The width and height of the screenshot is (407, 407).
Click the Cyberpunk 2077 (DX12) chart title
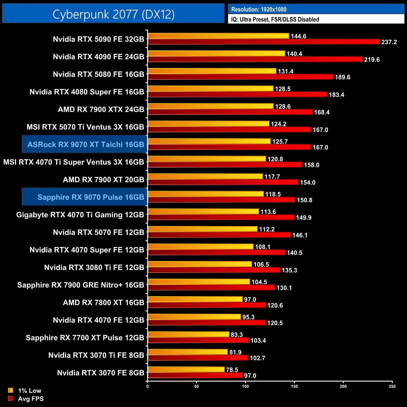(x=113, y=14)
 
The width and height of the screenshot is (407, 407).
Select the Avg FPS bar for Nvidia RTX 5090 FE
(x=264, y=42)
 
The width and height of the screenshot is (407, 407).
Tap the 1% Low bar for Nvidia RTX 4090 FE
(x=216, y=54)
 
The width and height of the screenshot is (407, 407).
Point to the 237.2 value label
(x=389, y=42)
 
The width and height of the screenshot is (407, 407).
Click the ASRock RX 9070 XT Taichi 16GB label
(x=85, y=144)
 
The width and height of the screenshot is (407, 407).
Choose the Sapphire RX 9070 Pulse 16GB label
(x=90, y=197)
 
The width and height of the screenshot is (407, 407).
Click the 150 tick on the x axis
(x=294, y=386)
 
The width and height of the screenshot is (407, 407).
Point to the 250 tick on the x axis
(x=392, y=386)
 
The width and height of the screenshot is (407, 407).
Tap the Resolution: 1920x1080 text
(x=259, y=9)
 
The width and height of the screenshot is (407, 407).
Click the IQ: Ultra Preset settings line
(x=275, y=19)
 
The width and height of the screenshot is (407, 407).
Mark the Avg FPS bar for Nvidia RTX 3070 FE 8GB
(x=195, y=375)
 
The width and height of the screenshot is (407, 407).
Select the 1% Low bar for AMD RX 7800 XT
(x=195, y=299)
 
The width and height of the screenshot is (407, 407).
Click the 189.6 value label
(x=343, y=77)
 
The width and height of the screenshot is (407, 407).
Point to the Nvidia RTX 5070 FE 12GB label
(x=98, y=232)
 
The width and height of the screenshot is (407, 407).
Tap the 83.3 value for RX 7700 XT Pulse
(x=237, y=335)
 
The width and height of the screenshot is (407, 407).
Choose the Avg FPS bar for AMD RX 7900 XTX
(x=230, y=112)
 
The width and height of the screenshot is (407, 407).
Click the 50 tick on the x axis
(x=196, y=386)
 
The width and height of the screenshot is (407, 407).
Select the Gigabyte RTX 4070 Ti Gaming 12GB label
(x=80, y=215)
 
